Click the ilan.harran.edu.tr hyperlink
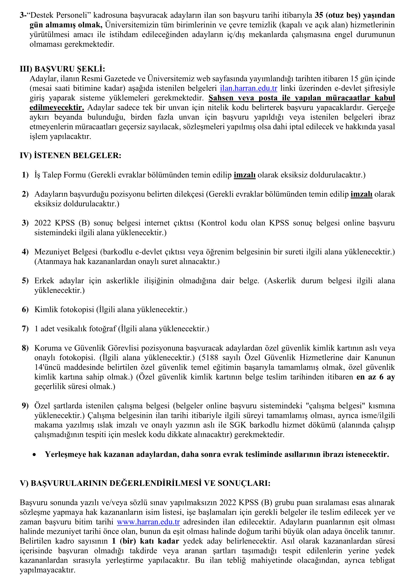tap(248, 88)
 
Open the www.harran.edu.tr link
tap(148, 522)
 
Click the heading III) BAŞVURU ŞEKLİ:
tap(62, 69)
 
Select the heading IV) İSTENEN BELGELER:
tap(71, 155)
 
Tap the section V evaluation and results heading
tap(145, 483)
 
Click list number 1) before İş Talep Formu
tap(25, 175)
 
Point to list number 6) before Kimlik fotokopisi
tap(25, 310)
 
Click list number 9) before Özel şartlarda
tap(25, 406)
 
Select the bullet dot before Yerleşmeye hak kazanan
tap(34, 454)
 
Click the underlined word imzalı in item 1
tap(245, 175)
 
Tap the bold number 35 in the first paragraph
tap(319, 15)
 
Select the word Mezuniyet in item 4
tap(52, 252)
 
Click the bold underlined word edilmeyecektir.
tap(57, 108)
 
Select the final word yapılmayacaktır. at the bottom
tap(47, 570)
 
